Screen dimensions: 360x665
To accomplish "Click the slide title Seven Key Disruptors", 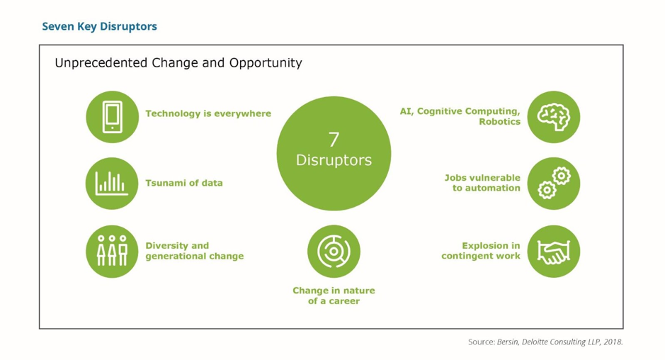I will click(99, 27).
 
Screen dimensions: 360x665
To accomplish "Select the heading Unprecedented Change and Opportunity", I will click(178, 63).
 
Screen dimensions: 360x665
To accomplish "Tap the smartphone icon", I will click(112, 117).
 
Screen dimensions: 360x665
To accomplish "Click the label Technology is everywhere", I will click(208, 113).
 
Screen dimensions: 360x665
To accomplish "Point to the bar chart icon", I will click(112, 184).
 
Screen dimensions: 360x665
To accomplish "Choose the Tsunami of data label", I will click(184, 183).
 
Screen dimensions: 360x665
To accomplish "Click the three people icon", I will click(112, 251).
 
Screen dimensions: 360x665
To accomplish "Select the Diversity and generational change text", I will click(194, 251).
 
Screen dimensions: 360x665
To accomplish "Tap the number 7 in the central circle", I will click(334, 140).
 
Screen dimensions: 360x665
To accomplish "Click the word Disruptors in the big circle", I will click(334, 160).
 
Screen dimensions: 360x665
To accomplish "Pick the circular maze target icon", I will click(334, 251).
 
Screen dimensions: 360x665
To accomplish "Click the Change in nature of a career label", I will click(334, 296).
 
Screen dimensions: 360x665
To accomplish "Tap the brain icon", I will click(553, 117).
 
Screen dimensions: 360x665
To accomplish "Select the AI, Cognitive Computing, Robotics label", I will click(460, 116).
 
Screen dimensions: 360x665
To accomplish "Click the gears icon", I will click(553, 184).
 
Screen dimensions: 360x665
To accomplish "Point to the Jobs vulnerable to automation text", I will click(483, 183).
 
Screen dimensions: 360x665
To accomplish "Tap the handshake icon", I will click(553, 251).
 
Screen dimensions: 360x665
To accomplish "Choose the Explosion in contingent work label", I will click(481, 251).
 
